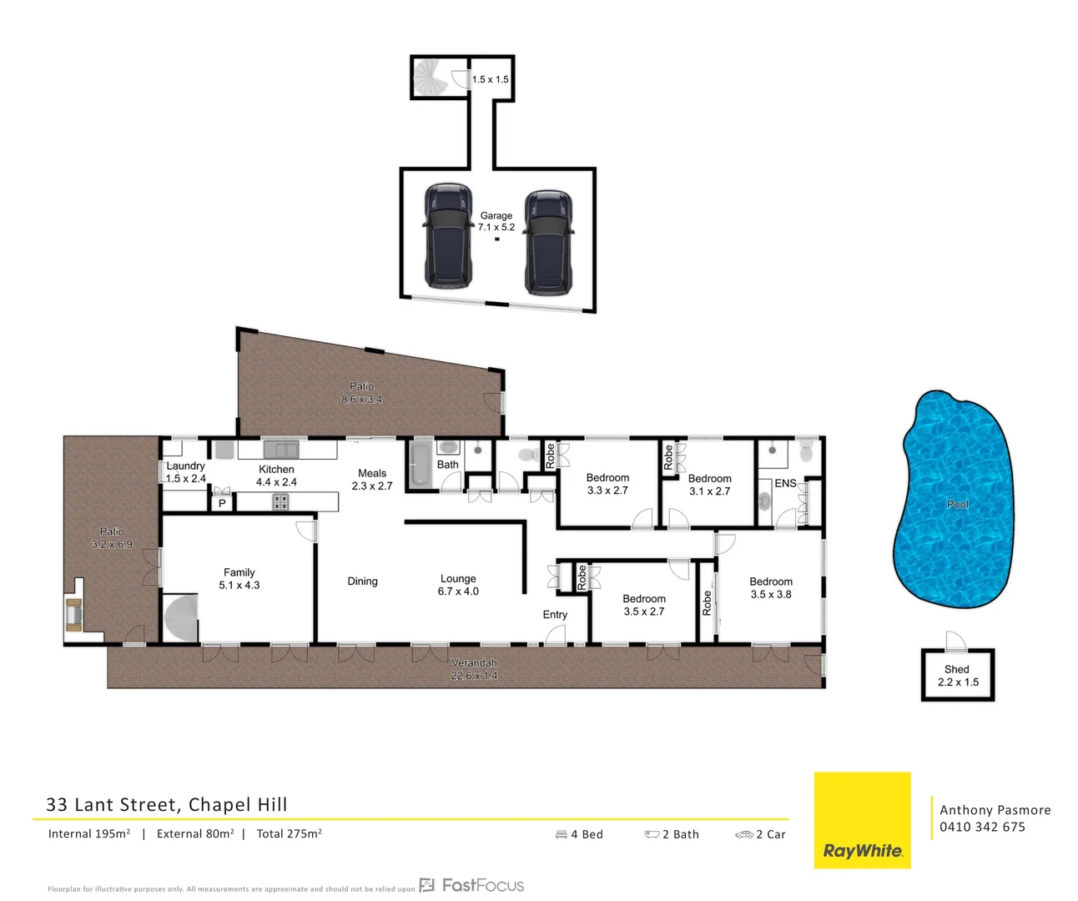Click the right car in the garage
(x=548, y=242)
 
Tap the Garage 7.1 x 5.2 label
(x=496, y=221)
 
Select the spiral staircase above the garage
(x=431, y=78)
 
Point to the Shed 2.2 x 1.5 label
(x=957, y=676)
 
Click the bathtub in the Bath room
(x=418, y=465)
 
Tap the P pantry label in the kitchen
(x=222, y=503)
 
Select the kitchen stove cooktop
(x=280, y=502)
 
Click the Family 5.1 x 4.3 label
(x=239, y=579)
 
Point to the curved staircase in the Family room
(x=181, y=618)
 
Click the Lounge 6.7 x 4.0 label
(x=458, y=585)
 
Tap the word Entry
(x=555, y=615)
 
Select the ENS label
(x=785, y=483)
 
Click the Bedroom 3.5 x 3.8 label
(x=770, y=588)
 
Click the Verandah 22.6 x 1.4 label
(x=474, y=669)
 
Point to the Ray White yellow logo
(x=862, y=821)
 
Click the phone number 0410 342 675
(x=982, y=827)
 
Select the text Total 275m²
(x=289, y=833)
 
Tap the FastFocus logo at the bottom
(x=472, y=885)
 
